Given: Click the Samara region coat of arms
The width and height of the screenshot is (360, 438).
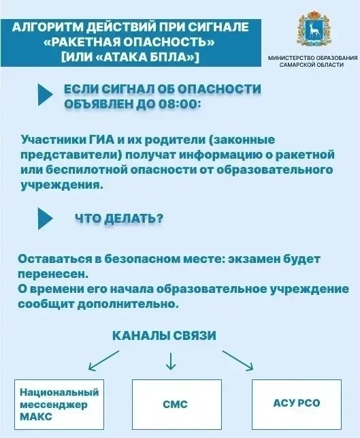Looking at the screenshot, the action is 313,29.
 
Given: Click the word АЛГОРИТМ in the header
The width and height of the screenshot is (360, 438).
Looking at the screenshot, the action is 47,27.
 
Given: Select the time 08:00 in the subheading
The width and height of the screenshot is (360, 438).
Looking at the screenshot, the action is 179,104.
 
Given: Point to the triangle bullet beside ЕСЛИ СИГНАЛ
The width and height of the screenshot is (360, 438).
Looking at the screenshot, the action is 45,95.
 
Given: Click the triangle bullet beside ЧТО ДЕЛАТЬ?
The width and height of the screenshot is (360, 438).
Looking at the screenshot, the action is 45,218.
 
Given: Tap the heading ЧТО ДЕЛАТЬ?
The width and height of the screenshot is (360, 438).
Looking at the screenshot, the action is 119,218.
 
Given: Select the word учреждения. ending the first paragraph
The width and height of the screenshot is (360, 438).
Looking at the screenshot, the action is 62,185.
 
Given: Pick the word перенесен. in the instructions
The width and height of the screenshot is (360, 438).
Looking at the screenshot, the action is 53,275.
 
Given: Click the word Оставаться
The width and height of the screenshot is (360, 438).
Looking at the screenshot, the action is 54,259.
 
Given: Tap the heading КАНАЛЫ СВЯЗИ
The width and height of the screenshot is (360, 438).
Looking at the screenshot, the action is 164,336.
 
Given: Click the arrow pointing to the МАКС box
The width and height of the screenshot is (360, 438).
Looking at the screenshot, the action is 103,360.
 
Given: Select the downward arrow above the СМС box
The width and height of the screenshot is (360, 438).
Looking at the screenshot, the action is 171,361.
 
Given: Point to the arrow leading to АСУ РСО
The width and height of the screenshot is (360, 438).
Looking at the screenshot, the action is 238,360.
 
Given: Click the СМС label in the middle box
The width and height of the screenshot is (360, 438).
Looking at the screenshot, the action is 175,404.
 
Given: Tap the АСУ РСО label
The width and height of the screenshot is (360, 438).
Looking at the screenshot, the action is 297,403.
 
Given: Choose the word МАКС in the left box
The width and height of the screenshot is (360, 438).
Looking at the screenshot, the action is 36,416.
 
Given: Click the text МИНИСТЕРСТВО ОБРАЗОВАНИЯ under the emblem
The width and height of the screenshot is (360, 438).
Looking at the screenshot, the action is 312,58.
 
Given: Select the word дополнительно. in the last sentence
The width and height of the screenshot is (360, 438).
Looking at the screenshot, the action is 127,304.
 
